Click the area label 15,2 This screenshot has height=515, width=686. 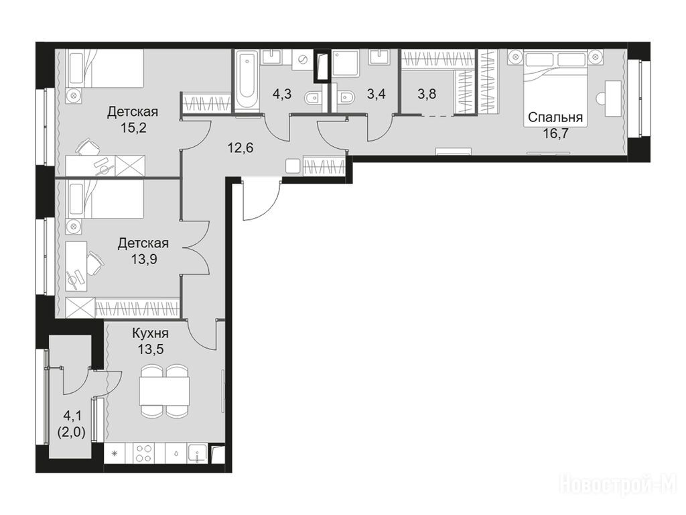pos(133,128)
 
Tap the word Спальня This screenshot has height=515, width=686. pos(555,117)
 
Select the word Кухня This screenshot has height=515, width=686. pos(151,334)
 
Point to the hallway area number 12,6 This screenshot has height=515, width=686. pos(241,148)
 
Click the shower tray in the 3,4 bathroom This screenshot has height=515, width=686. pos(345,64)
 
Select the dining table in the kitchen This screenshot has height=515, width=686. pos(165,391)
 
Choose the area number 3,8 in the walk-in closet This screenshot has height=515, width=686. pos(427,94)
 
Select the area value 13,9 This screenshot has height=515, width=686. pos(144,260)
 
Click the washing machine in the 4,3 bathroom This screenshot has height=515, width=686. pos(301,59)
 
